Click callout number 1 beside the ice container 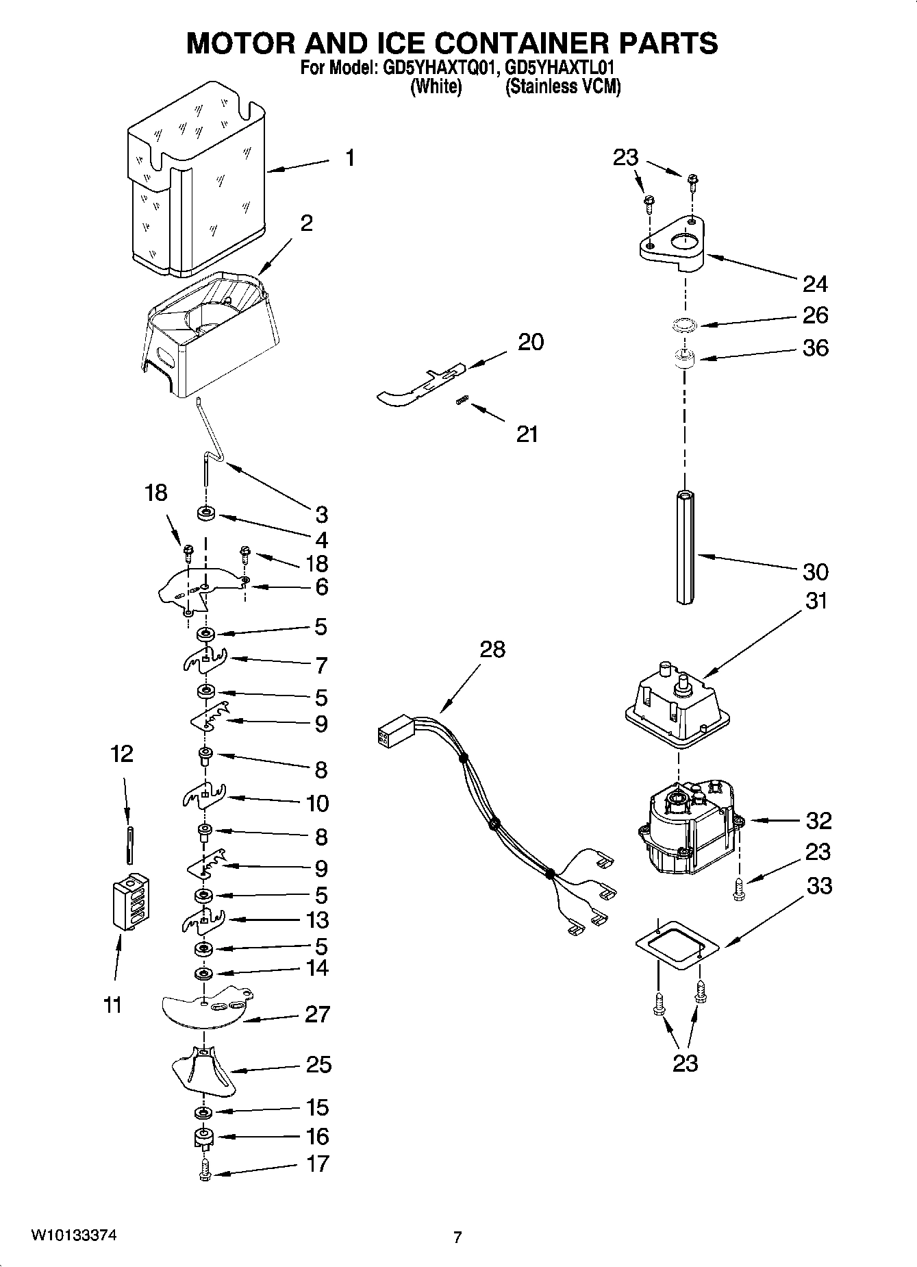pos(350,158)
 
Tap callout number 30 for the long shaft pos(815,571)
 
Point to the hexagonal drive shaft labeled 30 pos(683,546)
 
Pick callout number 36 pos(815,348)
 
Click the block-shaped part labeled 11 pos(131,902)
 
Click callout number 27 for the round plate pos(317,1014)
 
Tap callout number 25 pos(318,1064)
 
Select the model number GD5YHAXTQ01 pos(434,69)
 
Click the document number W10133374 pos(73,1236)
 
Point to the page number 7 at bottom pos(457,1238)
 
